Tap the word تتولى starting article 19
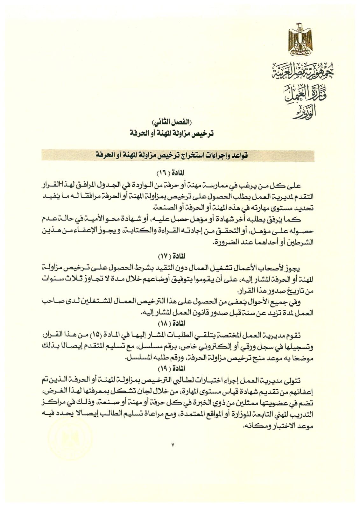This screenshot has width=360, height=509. click(302, 380)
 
